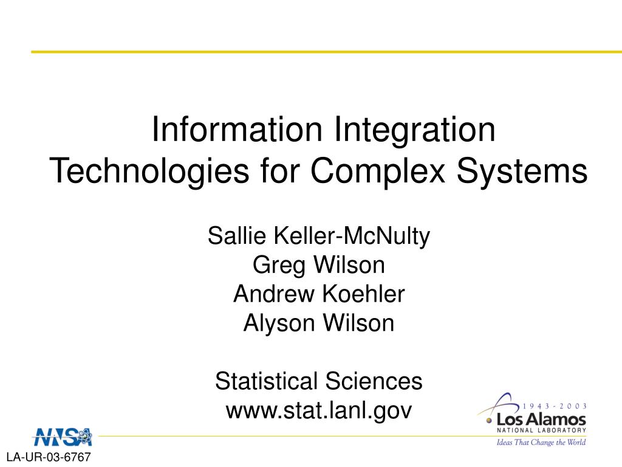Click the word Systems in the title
(522, 171)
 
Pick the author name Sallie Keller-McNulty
(318, 237)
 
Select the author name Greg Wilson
(318, 265)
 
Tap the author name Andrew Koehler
(318, 294)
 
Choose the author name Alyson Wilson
(318, 323)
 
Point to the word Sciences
(374, 381)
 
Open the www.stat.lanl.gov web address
(318, 410)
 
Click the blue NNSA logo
(63, 437)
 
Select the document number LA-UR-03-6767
(49, 457)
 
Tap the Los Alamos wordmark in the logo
(541, 420)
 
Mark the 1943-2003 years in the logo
(554, 406)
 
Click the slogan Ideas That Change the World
(541, 443)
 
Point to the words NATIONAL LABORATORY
(541, 430)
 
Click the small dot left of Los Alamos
(489, 421)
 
